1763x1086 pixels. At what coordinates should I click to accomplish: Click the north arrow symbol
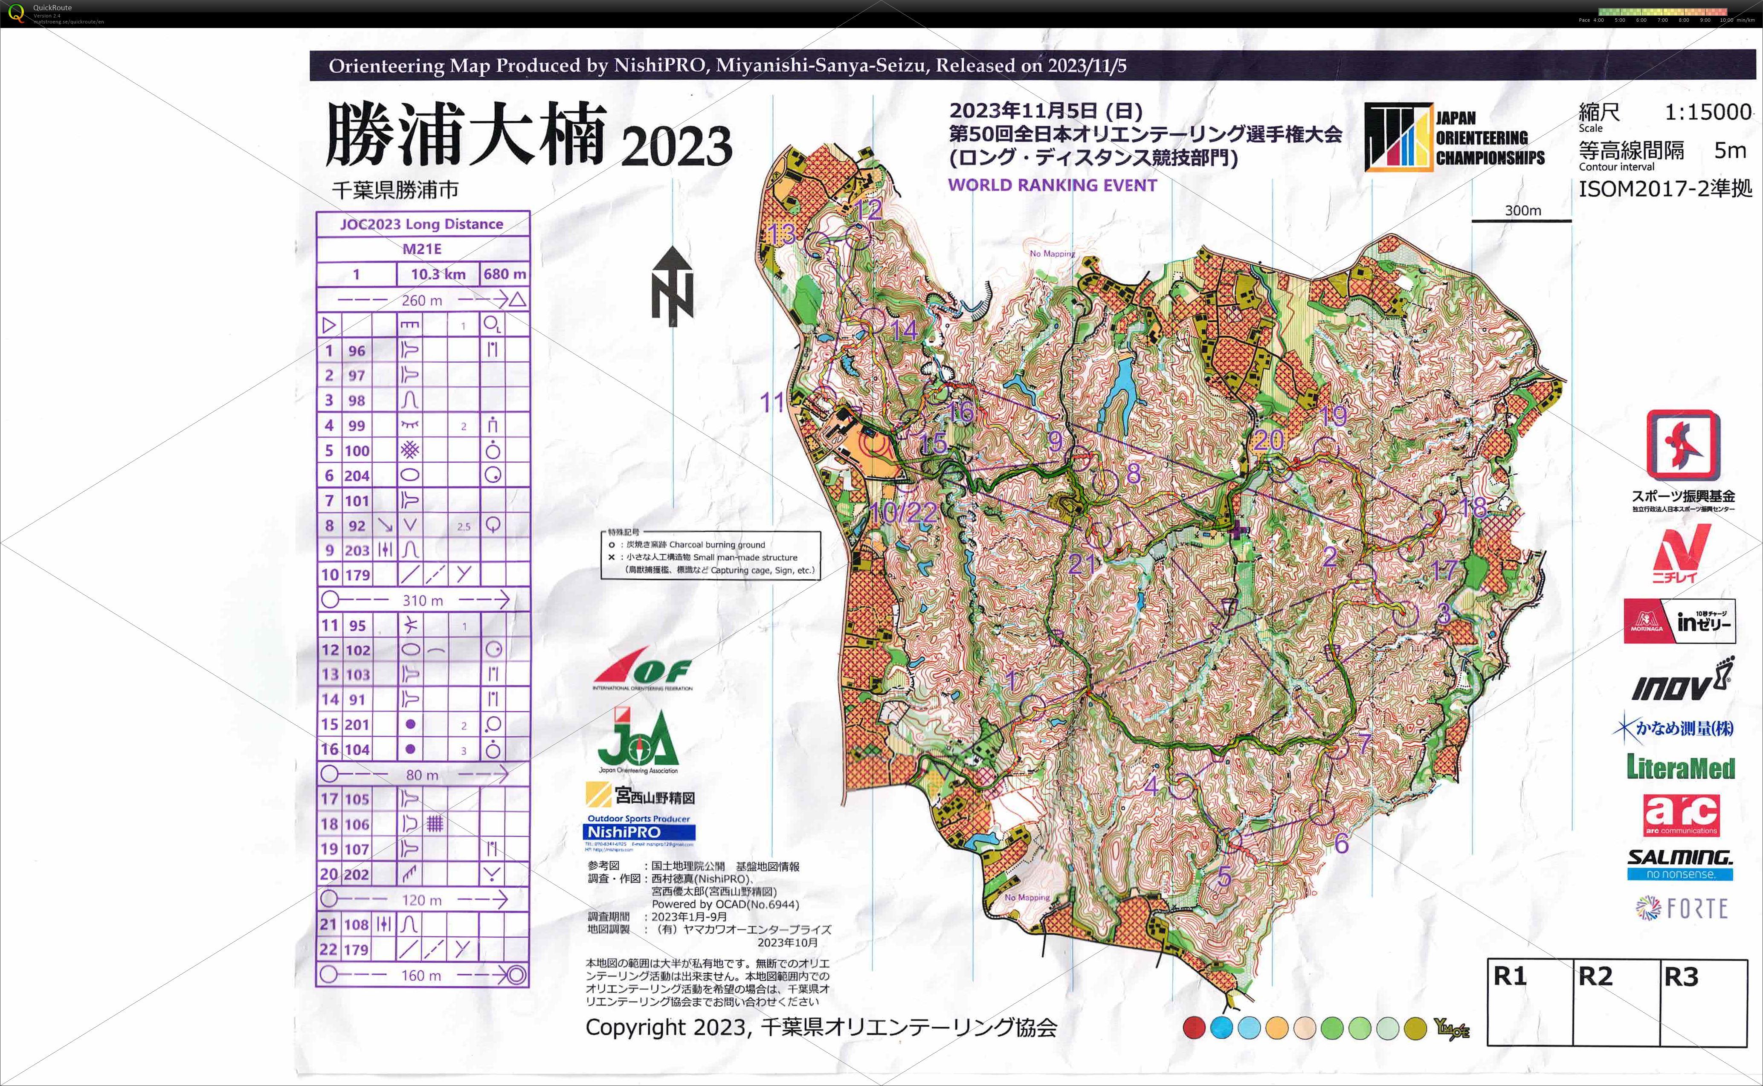click(673, 286)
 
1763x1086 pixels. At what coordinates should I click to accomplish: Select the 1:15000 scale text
click(1708, 112)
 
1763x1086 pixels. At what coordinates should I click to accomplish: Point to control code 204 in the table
click(357, 475)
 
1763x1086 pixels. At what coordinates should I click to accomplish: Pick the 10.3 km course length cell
click(438, 274)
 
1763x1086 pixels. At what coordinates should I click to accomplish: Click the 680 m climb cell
click(505, 274)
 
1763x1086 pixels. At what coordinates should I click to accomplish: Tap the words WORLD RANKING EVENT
click(1053, 185)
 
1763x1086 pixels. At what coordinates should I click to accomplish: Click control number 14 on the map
click(905, 330)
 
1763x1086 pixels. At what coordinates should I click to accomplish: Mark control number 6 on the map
click(1341, 843)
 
